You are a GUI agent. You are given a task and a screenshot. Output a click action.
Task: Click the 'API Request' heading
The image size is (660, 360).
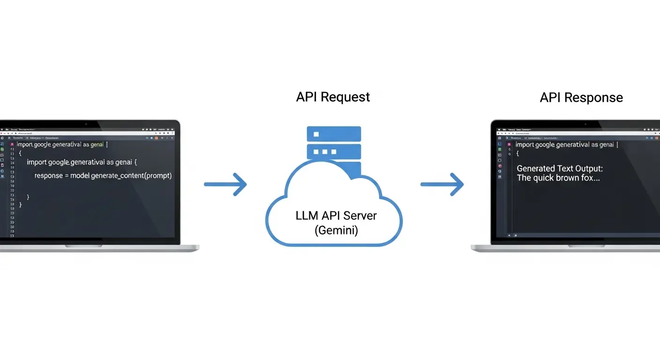point(333,97)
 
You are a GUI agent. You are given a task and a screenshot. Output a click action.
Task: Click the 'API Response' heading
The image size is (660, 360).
point(581,97)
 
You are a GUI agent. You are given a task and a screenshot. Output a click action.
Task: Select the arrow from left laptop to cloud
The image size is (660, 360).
point(225,184)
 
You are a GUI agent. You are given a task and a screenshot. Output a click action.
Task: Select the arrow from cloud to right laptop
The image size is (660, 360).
point(442,184)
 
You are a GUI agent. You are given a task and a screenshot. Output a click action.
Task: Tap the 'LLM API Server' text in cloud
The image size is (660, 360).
point(336,216)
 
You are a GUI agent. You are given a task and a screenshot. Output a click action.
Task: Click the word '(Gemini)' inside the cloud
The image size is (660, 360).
point(336,230)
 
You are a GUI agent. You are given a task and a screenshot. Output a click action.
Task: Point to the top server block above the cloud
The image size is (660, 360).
point(334,134)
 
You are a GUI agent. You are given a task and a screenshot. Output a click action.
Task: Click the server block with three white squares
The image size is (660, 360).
point(334,152)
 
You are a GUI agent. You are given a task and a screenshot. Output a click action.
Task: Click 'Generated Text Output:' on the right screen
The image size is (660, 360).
point(560,168)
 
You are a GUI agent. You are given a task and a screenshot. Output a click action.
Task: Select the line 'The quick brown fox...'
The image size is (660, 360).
point(558,178)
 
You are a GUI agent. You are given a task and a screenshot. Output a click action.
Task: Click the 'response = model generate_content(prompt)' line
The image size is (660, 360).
point(103,176)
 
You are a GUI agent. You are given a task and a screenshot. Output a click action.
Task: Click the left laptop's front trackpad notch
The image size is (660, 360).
point(83,246)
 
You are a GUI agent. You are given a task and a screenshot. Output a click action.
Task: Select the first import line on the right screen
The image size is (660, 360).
point(567,145)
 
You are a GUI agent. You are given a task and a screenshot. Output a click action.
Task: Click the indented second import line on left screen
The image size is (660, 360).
point(82,162)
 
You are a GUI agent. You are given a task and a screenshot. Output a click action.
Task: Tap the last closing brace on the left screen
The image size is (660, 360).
point(20,204)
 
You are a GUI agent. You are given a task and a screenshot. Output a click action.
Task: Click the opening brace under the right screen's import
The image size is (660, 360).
point(518,154)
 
